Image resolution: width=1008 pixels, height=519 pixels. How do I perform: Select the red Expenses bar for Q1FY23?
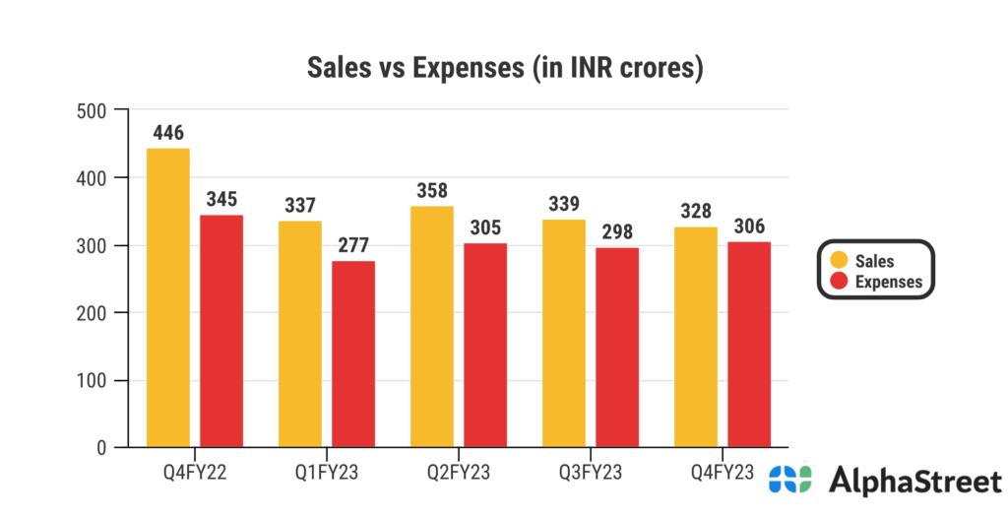click(x=353, y=355)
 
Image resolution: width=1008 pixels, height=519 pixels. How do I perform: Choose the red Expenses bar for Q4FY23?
click(x=749, y=345)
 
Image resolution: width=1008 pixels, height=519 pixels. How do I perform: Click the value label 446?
click(x=168, y=133)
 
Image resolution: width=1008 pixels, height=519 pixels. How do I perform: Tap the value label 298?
click(x=617, y=232)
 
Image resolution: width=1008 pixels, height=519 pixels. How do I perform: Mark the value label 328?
click(x=696, y=212)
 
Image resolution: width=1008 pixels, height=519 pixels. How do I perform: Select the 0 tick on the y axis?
click(x=101, y=448)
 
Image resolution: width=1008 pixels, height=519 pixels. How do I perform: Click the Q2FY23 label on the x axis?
click(x=459, y=471)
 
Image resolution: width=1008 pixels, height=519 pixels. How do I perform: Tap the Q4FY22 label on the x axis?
click(x=195, y=471)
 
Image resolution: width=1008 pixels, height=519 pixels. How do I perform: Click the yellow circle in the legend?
click(x=840, y=260)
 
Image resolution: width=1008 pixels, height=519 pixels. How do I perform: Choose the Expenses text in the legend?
click(x=889, y=281)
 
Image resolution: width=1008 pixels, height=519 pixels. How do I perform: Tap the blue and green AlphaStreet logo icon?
click(x=790, y=480)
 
